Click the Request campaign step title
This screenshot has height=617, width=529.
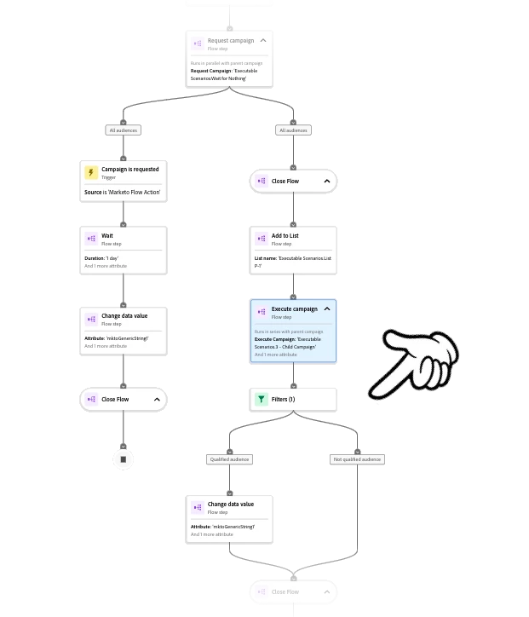(x=230, y=40)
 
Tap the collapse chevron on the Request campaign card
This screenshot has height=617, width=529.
(x=263, y=40)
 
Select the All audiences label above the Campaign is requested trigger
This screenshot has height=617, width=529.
(x=124, y=130)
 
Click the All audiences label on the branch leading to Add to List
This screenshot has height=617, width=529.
(x=293, y=130)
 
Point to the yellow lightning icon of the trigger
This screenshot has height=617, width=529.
(x=91, y=173)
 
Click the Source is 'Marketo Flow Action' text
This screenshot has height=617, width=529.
(x=122, y=193)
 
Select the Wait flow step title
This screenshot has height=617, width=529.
(x=107, y=236)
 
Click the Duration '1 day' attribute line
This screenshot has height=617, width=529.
(x=101, y=258)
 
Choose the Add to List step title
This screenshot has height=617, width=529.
(x=285, y=236)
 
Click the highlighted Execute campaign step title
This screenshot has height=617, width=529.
(x=294, y=309)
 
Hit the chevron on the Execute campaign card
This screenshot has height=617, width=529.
(x=327, y=309)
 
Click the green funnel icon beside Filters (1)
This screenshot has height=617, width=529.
(x=262, y=399)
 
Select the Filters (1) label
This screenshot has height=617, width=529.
(x=284, y=399)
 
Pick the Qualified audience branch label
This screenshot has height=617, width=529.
(x=229, y=459)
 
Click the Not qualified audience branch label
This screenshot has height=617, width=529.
(x=357, y=459)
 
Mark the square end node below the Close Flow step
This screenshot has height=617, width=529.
(x=123, y=459)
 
